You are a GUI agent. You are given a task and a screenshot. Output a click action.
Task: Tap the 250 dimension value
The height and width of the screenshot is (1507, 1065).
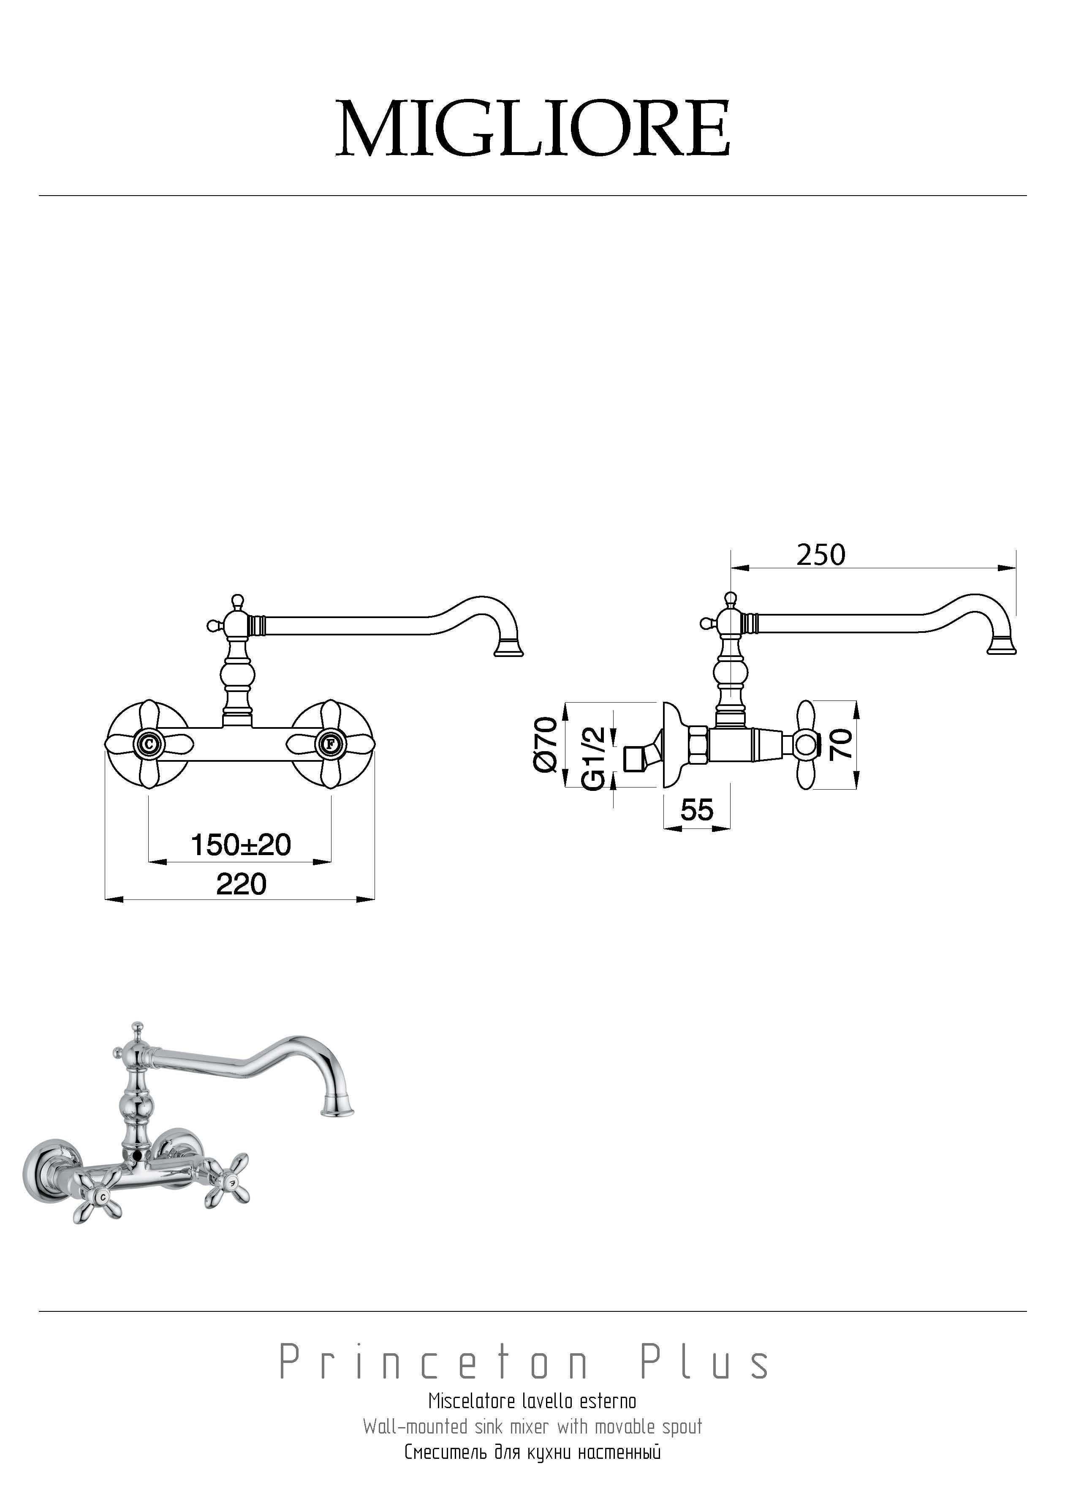click(x=821, y=555)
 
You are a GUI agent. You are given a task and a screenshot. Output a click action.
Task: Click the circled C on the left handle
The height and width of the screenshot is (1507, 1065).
click(x=149, y=744)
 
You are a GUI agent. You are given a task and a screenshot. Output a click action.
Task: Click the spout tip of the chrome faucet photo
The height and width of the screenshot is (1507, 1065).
click(x=337, y=1110)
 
